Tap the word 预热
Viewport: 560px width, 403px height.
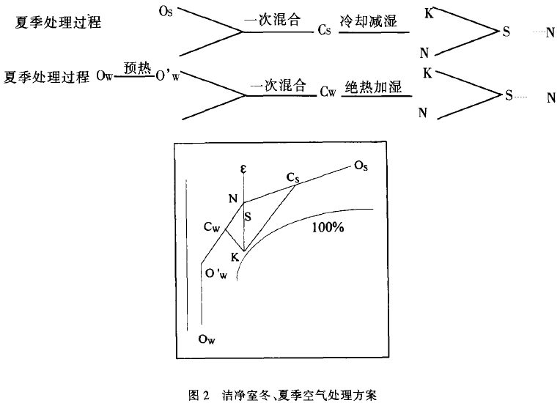point(136,67)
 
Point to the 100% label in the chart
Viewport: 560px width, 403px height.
point(327,228)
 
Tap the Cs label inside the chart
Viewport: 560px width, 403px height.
point(294,177)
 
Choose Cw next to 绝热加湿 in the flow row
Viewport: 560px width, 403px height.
point(327,93)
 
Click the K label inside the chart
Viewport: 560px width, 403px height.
point(235,257)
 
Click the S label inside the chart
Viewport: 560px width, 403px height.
point(248,216)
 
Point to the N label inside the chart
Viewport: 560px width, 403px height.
point(233,199)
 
